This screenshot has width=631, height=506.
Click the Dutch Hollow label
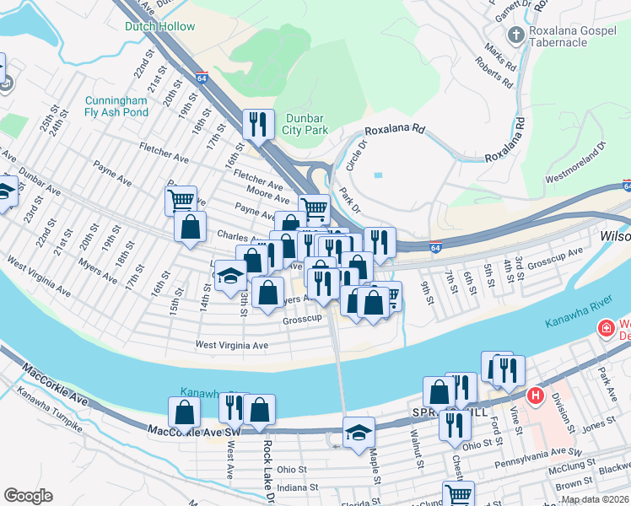pyautogui.click(x=159, y=27)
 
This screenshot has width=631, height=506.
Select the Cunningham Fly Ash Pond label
pyautogui.click(x=116, y=106)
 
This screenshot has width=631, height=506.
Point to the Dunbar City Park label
pyautogui.click(x=305, y=124)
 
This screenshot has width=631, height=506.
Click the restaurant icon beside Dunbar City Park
pyautogui.click(x=257, y=124)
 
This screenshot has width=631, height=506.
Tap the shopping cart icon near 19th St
pyautogui.click(x=181, y=201)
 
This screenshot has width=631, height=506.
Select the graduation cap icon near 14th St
pyautogui.click(x=229, y=276)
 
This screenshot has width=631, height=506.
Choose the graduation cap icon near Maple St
pyautogui.click(x=359, y=431)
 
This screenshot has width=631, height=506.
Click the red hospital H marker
pyautogui.click(x=534, y=395)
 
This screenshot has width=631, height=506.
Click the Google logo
pyautogui.click(x=28, y=496)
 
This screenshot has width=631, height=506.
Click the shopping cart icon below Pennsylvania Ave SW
pyautogui.click(x=458, y=494)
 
